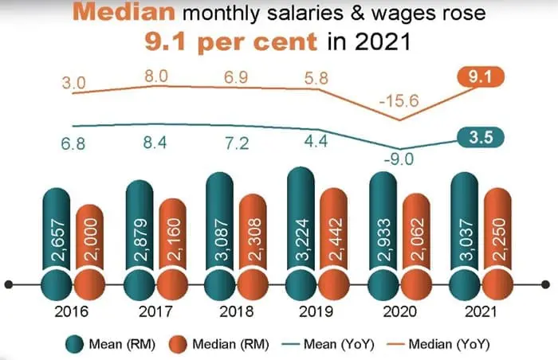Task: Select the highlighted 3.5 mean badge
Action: pyautogui.click(x=477, y=137)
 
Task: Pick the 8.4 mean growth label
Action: pyautogui.click(x=155, y=146)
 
